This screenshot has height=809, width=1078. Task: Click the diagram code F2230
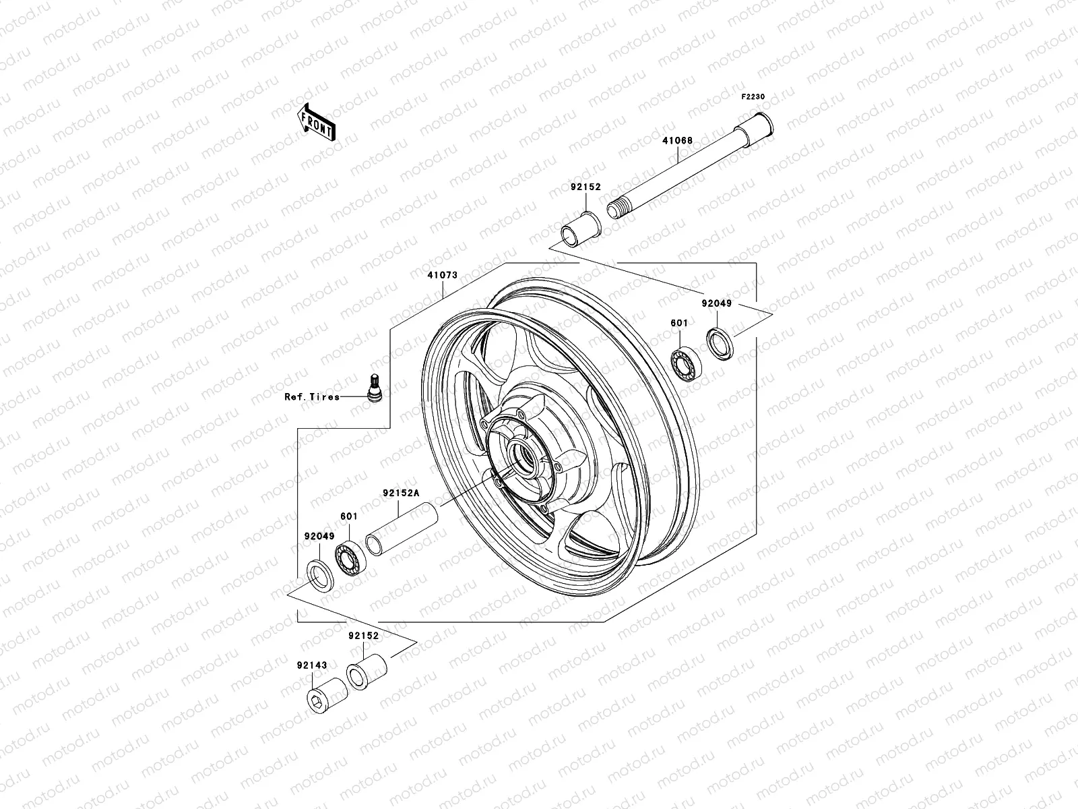pos(753,97)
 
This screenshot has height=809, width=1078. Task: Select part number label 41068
pos(676,141)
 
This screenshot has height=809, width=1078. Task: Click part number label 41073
pos(442,275)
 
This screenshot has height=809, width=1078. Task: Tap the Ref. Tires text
pos(311,397)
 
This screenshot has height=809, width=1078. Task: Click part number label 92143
pos(311,665)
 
